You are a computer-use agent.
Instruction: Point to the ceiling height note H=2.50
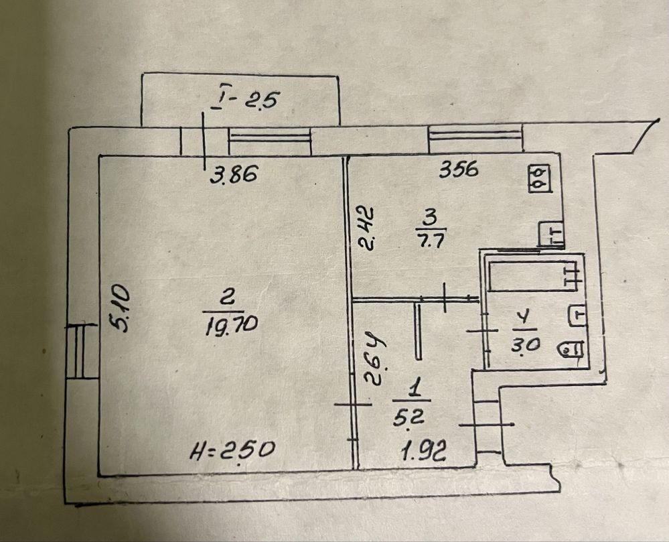click(233, 448)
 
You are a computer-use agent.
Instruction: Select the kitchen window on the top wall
click(475, 138)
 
